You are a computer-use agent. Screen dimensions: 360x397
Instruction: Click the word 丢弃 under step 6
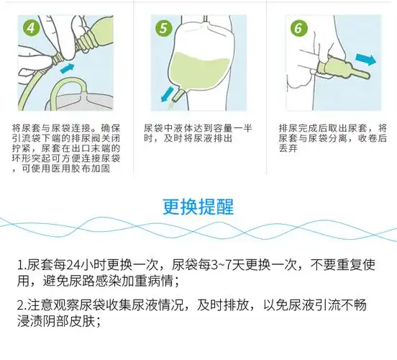coord(289,149)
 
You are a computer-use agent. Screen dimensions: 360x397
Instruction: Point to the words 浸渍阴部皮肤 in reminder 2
coord(58,322)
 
